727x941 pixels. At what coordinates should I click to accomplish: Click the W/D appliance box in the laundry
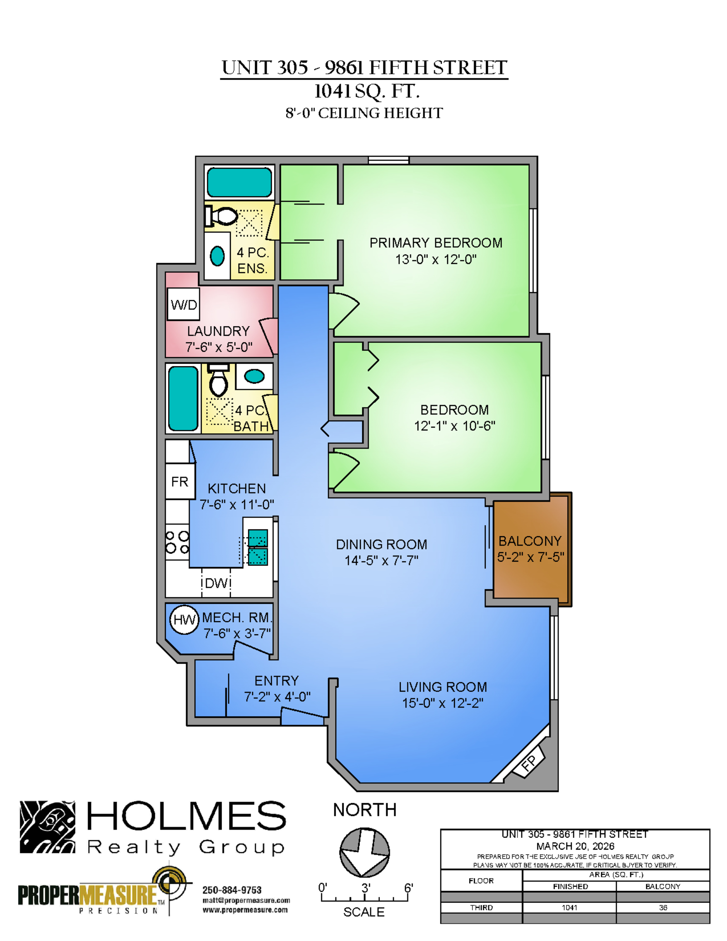coord(184,304)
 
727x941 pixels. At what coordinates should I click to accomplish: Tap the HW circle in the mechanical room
coord(184,619)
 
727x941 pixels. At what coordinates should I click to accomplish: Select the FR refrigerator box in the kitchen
coord(180,481)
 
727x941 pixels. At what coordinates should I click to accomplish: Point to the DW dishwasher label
coord(217,583)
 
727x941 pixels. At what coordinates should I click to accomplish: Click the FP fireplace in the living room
coord(528,764)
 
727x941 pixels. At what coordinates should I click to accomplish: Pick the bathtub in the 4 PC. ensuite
coord(239,182)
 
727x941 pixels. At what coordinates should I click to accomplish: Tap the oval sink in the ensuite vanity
coord(217,256)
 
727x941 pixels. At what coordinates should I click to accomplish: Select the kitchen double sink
coord(258,547)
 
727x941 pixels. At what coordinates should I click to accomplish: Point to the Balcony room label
coord(530,541)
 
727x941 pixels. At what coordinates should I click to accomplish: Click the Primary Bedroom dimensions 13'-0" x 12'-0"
coord(436,259)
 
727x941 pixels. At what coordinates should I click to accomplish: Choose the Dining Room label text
coord(381,544)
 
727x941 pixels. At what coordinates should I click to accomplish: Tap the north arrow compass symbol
coord(364,852)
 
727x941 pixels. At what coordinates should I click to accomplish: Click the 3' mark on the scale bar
coord(366,887)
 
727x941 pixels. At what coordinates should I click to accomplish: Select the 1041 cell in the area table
coord(569,907)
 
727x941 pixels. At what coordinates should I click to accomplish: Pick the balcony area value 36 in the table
coord(663,907)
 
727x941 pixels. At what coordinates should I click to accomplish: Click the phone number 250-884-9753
coord(232,890)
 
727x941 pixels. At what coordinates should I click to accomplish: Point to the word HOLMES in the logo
coord(186,816)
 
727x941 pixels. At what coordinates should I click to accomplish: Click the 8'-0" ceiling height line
coord(364,113)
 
